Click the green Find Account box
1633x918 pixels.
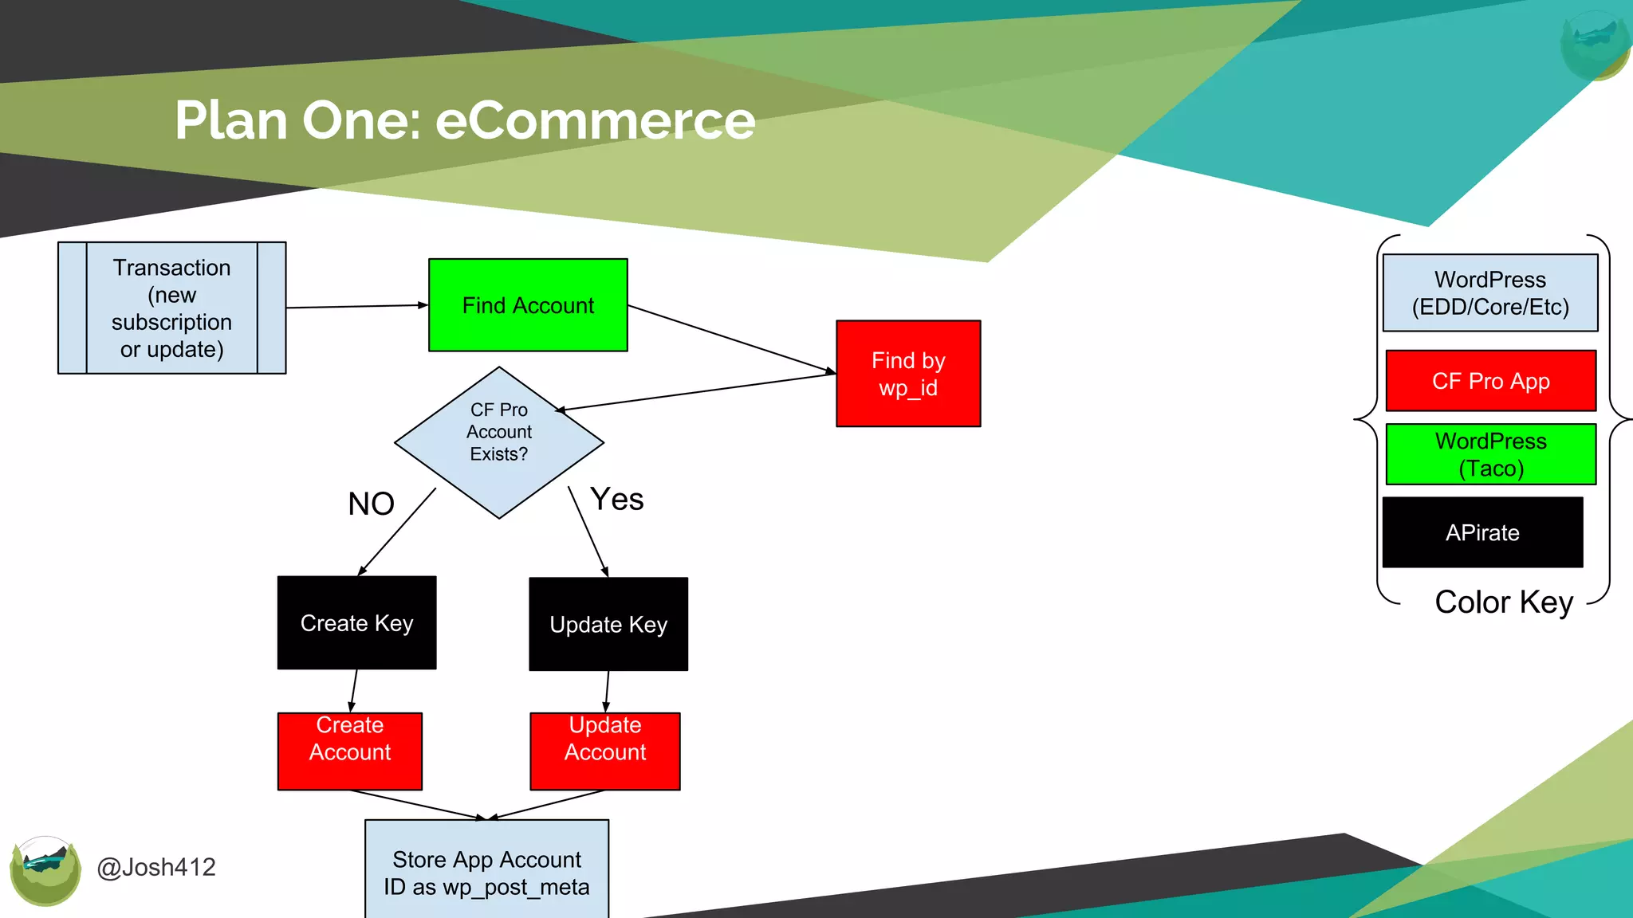point(528,305)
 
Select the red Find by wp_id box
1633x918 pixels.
point(908,374)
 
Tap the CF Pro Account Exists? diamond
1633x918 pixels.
point(499,442)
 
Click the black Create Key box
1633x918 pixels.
point(356,623)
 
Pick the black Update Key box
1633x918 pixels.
point(608,625)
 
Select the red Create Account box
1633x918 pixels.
point(350,751)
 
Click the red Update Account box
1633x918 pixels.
point(605,751)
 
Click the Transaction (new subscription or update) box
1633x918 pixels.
point(171,308)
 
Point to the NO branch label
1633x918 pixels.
point(372,504)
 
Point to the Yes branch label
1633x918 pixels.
point(617,500)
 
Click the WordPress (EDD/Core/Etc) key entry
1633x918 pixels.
point(1490,293)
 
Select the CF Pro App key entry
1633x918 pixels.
point(1491,381)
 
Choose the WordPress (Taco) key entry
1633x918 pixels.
point(1491,454)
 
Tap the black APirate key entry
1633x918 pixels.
point(1482,532)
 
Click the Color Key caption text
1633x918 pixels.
point(1504,602)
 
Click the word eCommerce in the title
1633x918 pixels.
point(595,121)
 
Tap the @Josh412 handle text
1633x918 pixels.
point(156,867)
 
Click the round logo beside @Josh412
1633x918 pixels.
point(45,870)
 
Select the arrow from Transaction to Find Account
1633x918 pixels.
point(356,306)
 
